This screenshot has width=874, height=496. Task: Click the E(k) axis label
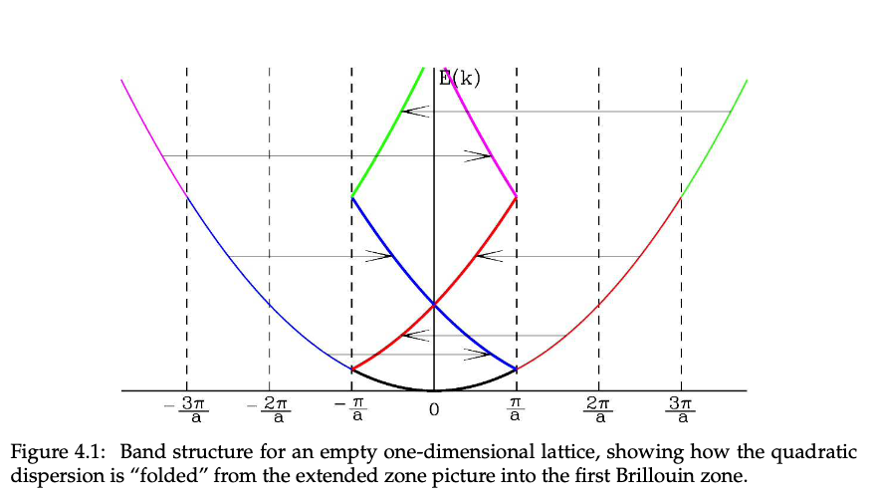click(x=459, y=78)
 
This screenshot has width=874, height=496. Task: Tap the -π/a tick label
click(x=350, y=408)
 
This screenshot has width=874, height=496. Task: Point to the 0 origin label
click(x=434, y=408)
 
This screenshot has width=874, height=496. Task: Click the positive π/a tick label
click(x=516, y=408)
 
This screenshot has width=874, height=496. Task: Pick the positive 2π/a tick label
click(x=598, y=408)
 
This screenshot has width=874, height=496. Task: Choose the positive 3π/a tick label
click(x=681, y=408)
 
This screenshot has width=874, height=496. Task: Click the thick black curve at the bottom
click(x=434, y=388)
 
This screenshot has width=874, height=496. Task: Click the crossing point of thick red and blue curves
click(x=434, y=304)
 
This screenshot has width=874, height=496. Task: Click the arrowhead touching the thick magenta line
click(x=484, y=155)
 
